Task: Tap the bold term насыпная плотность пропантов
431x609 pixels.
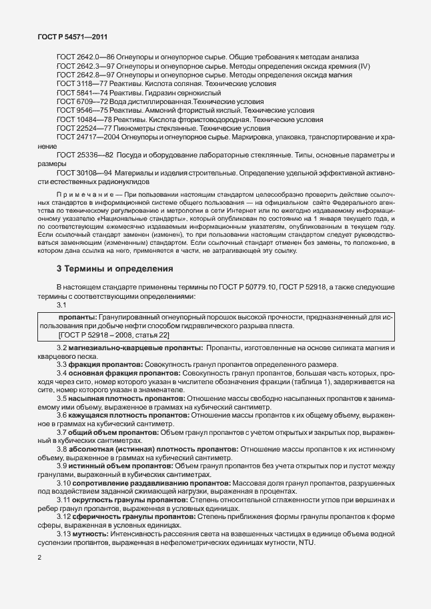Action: click(x=127, y=397)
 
